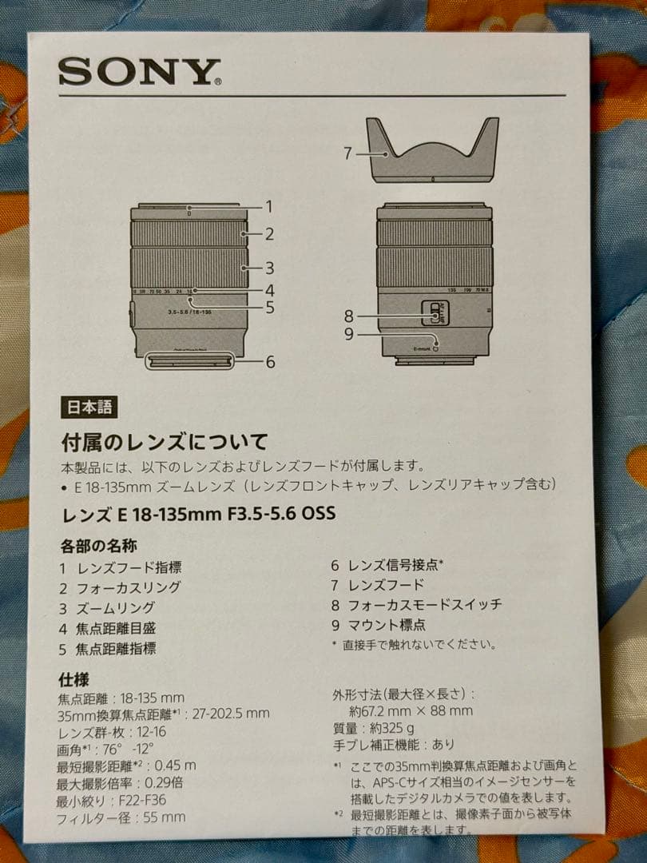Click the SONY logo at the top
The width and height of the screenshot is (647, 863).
point(139,72)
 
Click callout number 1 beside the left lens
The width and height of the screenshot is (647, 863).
point(269,206)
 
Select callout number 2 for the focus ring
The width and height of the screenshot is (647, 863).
point(270,234)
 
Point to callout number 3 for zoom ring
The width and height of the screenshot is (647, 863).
point(270,268)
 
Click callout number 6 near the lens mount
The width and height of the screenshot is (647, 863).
point(270,362)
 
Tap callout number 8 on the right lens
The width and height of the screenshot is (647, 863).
point(349,316)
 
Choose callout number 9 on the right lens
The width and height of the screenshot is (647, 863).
point(349,334)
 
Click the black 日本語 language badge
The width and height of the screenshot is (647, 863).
point(89,407)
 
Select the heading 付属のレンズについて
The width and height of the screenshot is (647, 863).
point(165,441)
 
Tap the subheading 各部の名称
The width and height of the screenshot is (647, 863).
point(98,547)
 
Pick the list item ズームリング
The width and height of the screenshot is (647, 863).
point(116,608)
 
